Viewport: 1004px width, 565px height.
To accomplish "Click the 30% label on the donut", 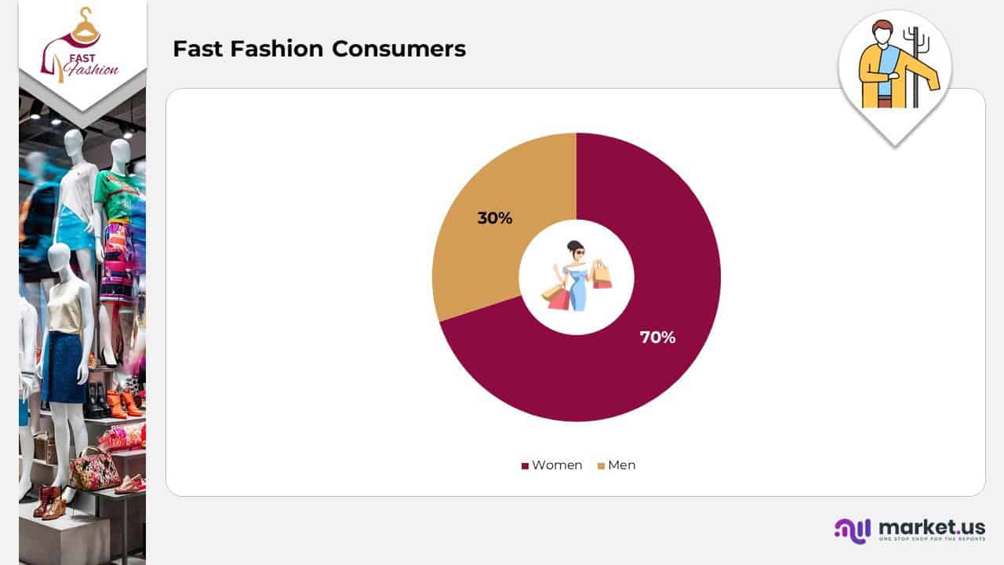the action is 495,218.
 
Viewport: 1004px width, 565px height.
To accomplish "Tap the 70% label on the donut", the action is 657,337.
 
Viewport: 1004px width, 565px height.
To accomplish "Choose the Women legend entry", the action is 552,465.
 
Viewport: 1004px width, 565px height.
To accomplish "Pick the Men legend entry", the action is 617,465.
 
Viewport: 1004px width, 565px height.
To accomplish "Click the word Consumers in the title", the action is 399,49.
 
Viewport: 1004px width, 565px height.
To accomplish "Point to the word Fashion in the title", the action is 277,49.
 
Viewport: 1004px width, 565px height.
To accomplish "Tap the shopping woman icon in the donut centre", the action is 577,276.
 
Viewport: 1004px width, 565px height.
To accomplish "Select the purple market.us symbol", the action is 853,531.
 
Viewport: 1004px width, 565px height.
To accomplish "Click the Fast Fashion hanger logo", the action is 81,47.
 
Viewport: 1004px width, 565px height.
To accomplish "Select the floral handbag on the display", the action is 95,468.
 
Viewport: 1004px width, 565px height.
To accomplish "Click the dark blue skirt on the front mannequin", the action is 67,366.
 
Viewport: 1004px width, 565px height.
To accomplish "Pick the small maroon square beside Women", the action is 525,466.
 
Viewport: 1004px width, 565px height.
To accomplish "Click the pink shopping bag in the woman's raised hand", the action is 602,275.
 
